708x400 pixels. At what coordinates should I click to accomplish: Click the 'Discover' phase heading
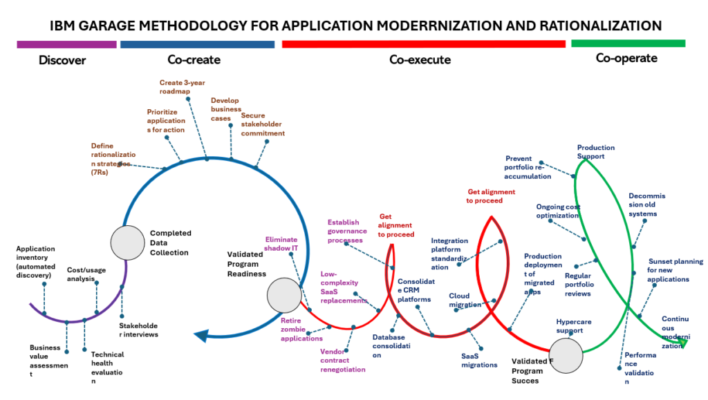click(62, 60)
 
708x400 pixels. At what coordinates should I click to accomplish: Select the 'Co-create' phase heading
click(194, 59)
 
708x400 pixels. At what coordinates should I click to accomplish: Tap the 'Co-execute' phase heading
click(420, 59)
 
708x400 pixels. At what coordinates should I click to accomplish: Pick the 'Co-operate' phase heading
click(626, 58)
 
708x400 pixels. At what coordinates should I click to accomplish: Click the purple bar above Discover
click(66, 44)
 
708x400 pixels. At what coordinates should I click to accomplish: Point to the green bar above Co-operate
click(628, 44)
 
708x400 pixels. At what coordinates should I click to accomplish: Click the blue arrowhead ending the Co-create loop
click(201, 336)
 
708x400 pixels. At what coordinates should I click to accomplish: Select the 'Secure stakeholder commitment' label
click(263, 124)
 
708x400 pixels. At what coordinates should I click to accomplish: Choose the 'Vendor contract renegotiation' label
click(342, 360)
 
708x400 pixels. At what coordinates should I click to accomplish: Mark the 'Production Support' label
click(595, 151)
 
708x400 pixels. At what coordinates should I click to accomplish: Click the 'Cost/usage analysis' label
click(86, 274)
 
